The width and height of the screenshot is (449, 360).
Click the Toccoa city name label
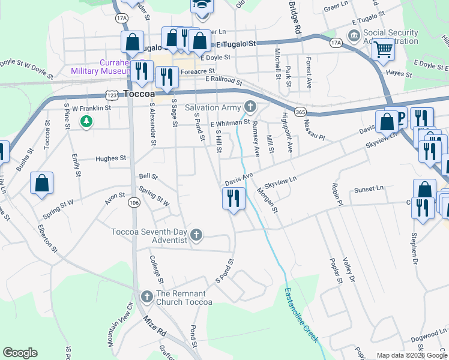point(139,94)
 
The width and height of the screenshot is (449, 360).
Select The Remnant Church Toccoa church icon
point(146,297)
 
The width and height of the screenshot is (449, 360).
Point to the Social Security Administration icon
point(354,37)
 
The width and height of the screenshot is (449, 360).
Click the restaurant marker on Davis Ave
point(234,199)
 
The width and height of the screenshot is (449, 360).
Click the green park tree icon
point(87,122)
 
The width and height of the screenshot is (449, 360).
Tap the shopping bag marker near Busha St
point(41,183)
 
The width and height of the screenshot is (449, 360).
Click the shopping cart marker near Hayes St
point(383,50)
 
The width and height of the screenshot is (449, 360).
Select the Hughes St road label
point(111,158)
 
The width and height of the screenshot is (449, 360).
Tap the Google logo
point(20,353)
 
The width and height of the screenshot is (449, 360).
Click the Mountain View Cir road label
point(120,323)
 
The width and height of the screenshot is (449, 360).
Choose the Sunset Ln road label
point(368,189)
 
